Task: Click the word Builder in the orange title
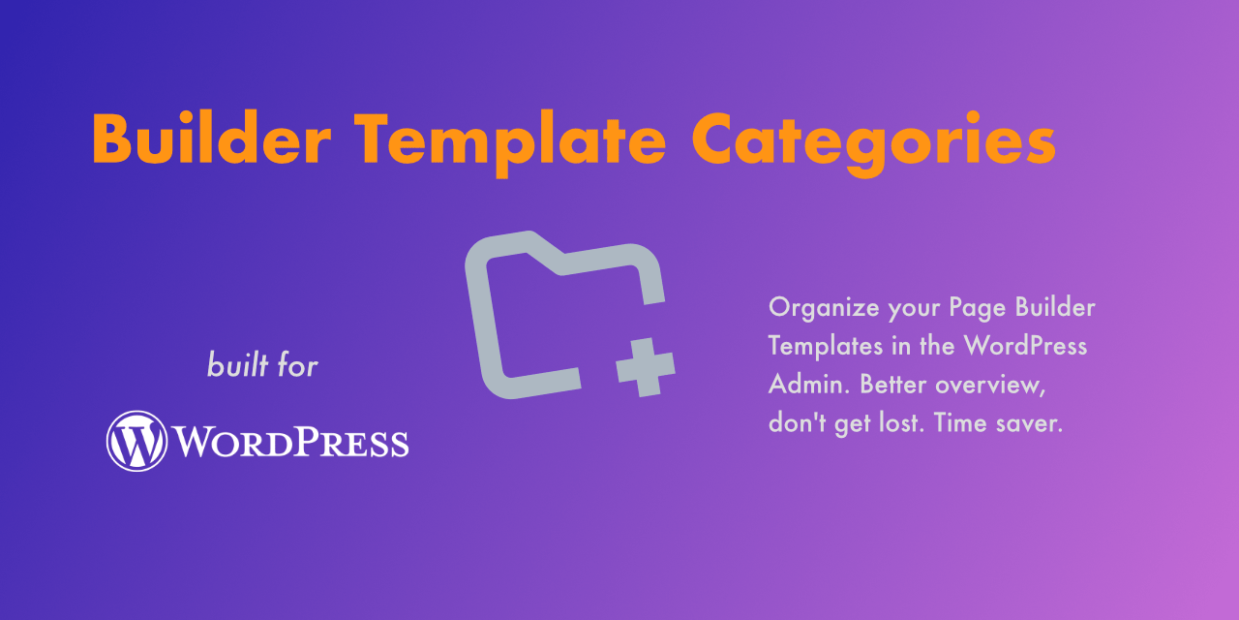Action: [x=212, y=138]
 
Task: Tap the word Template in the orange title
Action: [x=509, y=143]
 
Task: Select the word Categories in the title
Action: [x=874, y=143]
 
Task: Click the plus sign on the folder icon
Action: [x=646, y=367]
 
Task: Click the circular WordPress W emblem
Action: [x=136, y=441]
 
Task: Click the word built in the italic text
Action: [x=238, y=364]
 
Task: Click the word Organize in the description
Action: [x=824, y=308]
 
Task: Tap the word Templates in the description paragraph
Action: [x=826, y=346]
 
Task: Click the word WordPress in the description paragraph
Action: [x=1025, y=346]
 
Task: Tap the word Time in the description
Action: [x=959, y=423]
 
